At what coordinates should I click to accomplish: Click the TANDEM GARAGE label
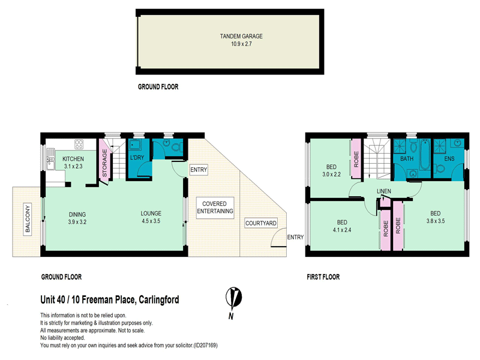click(x=241, y=36)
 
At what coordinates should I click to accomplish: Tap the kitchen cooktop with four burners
click(x=79, y=144)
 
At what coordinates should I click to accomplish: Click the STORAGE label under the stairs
click(x=104, y=163)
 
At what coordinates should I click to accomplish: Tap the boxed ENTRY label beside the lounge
click(x=198, y=170)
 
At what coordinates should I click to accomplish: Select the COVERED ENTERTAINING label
click(x=215, y=207)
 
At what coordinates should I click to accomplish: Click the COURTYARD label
click(x=260, y=223)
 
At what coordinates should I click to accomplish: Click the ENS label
click(x=449, y=159)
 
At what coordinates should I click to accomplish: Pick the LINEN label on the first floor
click(x=384, y=191)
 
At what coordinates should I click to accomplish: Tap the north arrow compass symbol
click(x=234, y=299)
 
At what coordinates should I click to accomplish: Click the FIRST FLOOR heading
click(x=322, y=277)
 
